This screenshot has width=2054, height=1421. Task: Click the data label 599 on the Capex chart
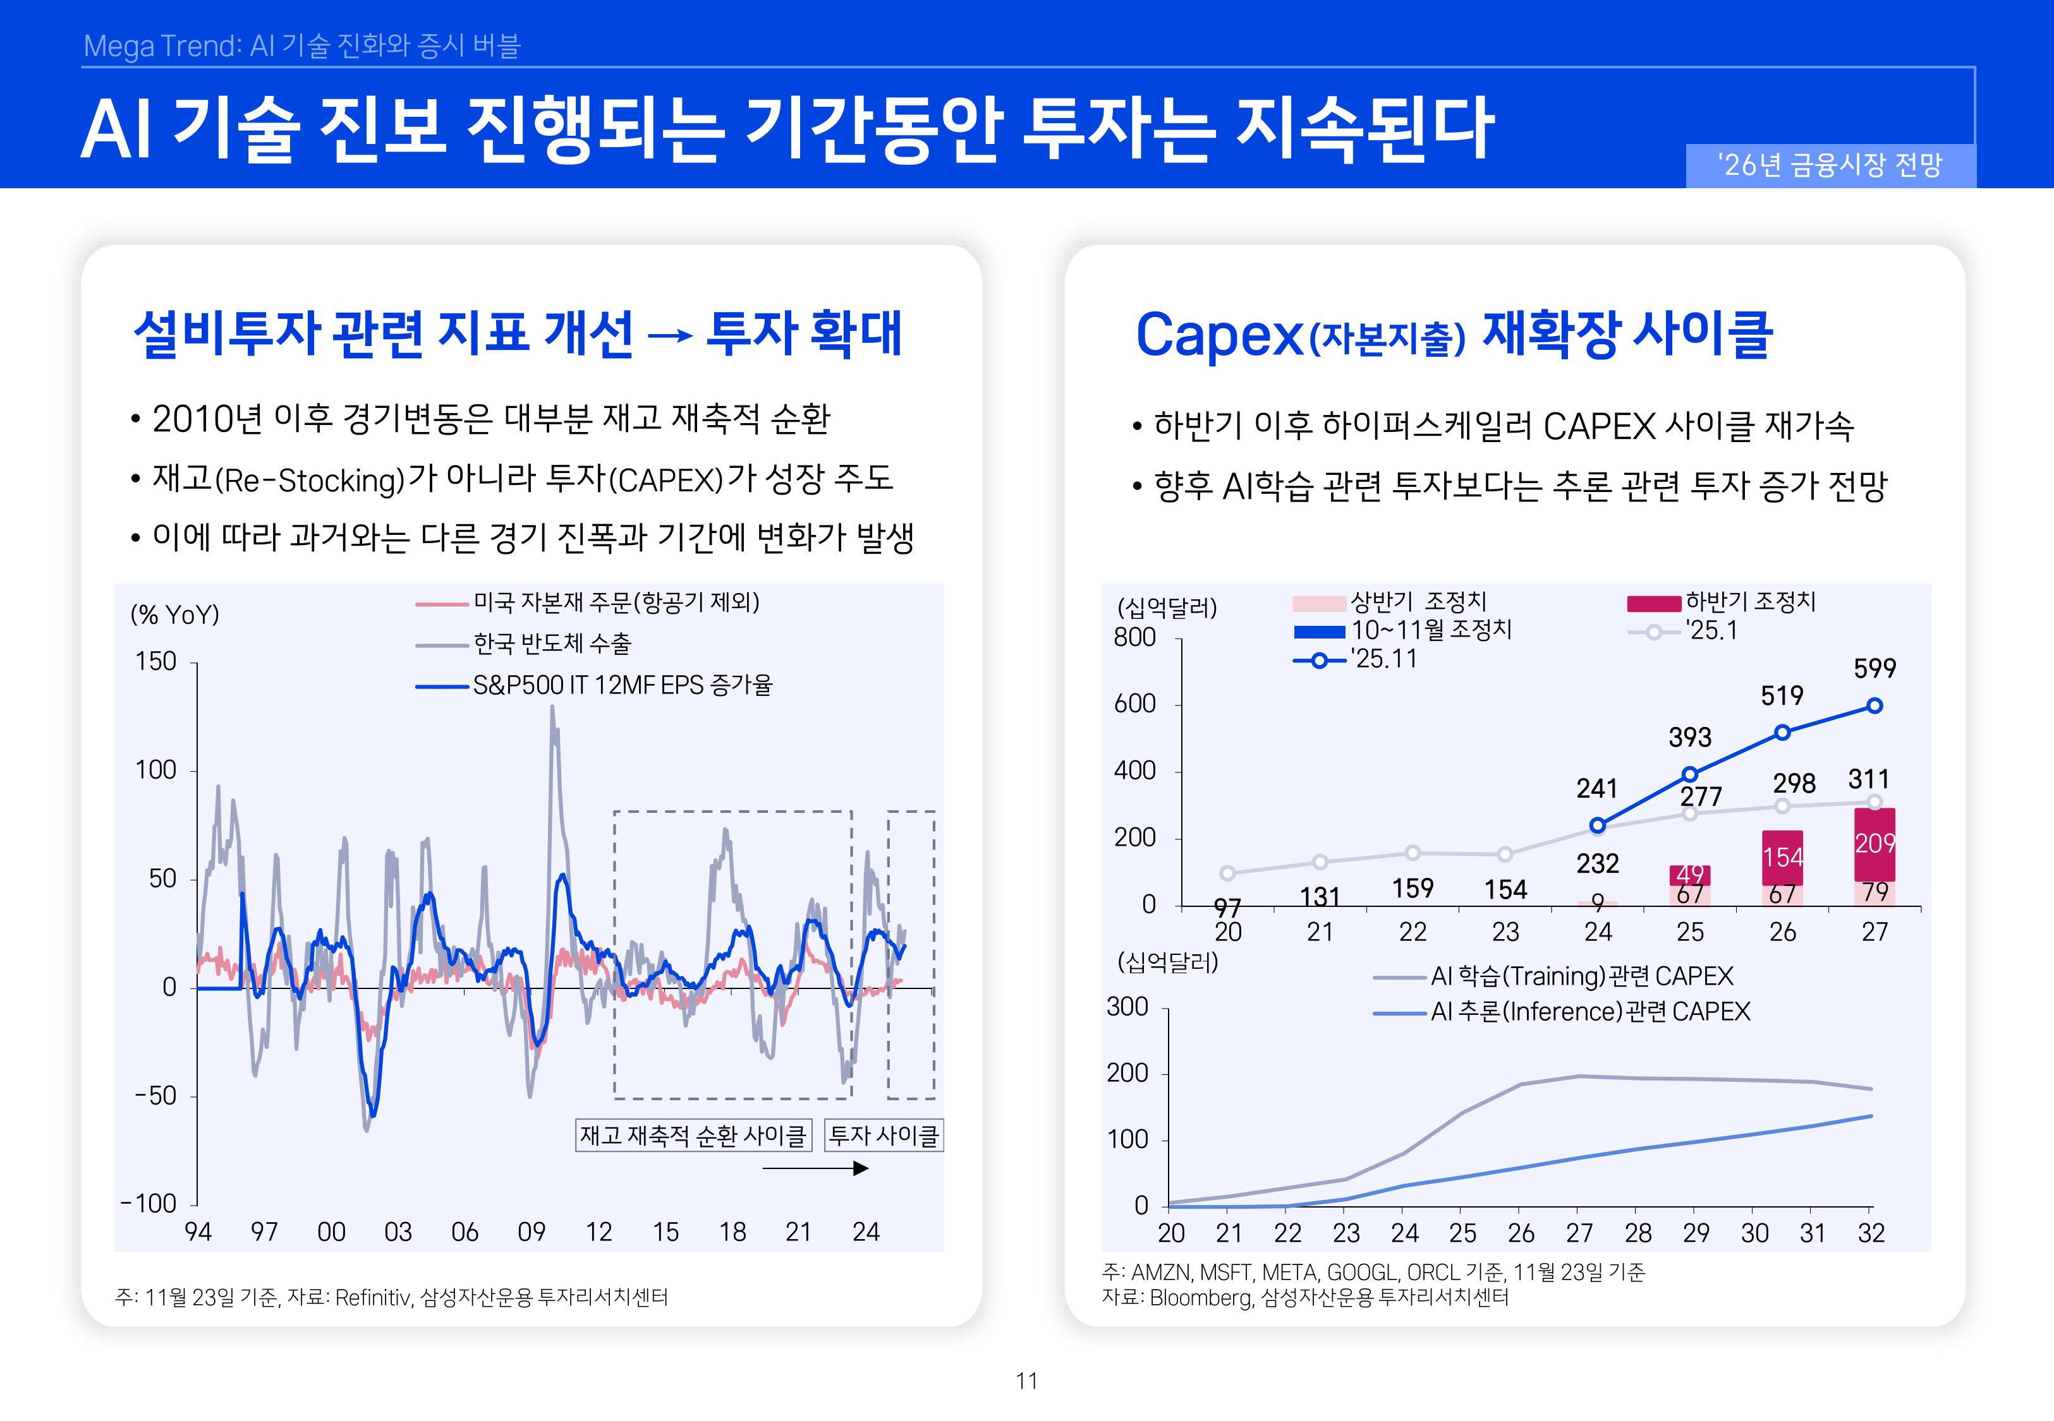[x=1874, y=669]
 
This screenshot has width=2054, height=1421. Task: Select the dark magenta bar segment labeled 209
[x=1874, y=843]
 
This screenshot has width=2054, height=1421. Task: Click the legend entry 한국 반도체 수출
[x=551, y=644]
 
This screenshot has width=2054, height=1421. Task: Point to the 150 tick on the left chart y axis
[x=156, y=661]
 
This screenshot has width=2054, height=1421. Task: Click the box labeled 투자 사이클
[x=884, y=1135]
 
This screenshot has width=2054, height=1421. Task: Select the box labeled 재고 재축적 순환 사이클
[x=693, y=1135]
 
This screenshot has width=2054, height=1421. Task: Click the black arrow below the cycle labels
[x=815, y=1168]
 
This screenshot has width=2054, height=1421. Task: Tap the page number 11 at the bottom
[x=1026, y=1381]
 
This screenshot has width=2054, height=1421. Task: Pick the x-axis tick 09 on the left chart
[x=532, y=1232]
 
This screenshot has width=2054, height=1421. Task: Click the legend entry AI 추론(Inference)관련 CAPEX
[x=1590, y=1012]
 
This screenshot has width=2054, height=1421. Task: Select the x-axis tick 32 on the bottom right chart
[x=1871, y=1233]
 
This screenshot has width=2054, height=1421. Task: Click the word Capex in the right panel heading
[x=1218, y=335]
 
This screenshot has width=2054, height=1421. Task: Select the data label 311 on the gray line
[x=1868, y=780]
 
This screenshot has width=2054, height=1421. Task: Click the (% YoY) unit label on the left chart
[x=174, y=615]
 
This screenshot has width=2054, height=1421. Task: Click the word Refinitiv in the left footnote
[x=374, y=1297]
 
